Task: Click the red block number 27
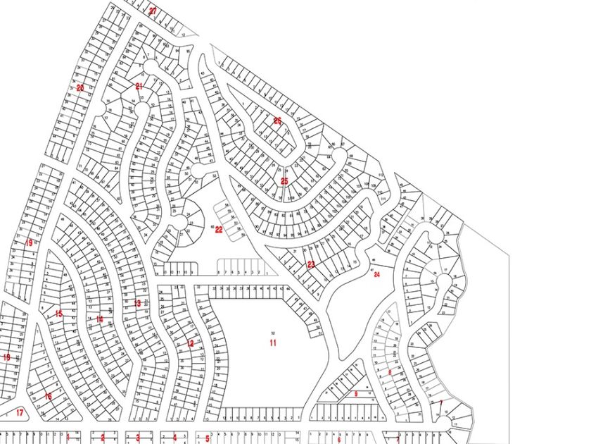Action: point(153,11)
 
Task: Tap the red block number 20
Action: point(80,88)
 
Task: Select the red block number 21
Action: point(139,86)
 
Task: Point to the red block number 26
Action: point(277,121)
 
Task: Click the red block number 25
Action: point(284,181)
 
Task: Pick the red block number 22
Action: point(219,230)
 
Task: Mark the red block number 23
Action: point(311,264)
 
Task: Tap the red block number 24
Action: point(377,274)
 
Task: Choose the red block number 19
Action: point(29,242)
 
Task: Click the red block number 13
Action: point(137,303)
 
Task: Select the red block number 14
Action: point(100,319)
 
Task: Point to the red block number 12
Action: point(190,344)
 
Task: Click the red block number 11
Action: point(272,343)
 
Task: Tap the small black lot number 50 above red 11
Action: point(272,332)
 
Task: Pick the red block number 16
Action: point(48,396)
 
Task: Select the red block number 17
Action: point(20,413)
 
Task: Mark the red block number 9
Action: point(356,394)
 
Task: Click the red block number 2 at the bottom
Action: point(103,438)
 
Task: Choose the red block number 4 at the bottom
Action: point(174,438)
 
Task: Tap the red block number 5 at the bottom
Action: point(208,438)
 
